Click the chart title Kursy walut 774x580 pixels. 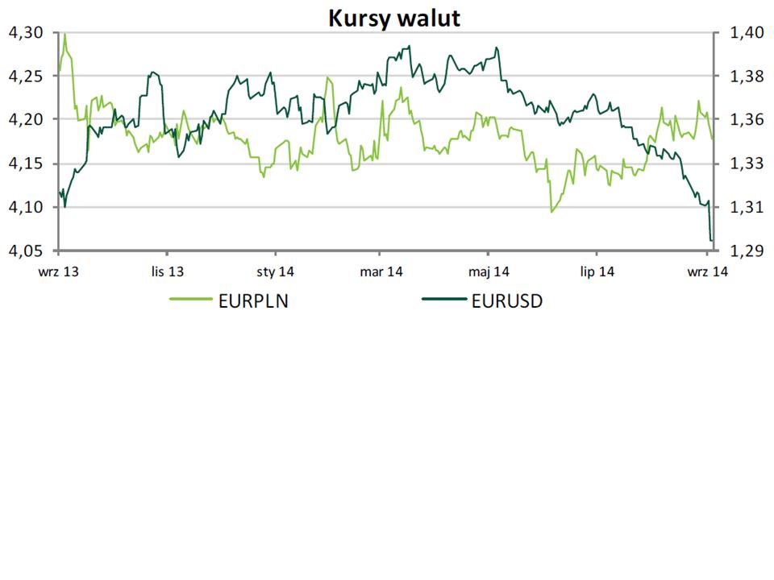tap(393, 18)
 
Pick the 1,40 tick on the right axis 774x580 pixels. tap(745, 33)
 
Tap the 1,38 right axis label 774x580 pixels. tap(745, 77)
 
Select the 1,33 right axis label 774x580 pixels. tap(745, 164)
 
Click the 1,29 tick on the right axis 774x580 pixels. tap(745, 251)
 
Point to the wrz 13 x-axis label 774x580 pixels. tap(59, 271)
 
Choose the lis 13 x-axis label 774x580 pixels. tap(168, 271)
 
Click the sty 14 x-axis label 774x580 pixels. tap(275, 271)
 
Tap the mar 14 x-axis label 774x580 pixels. tap(381, 271)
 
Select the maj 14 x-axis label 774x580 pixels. tap(489, 271)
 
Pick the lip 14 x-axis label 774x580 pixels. tap(597, 271)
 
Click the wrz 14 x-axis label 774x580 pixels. tap(707, 271)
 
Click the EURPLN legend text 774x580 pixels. tap(253, 302)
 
